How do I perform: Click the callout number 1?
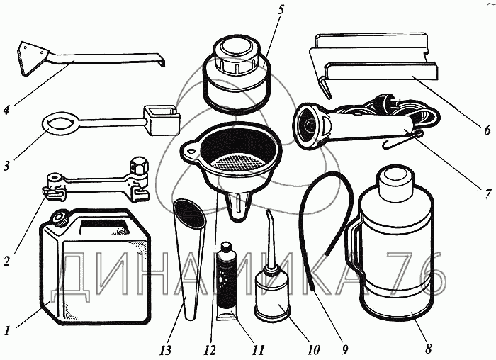pos(8,329)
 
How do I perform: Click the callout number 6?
pos(487,130)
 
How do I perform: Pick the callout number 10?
pos(312,349)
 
